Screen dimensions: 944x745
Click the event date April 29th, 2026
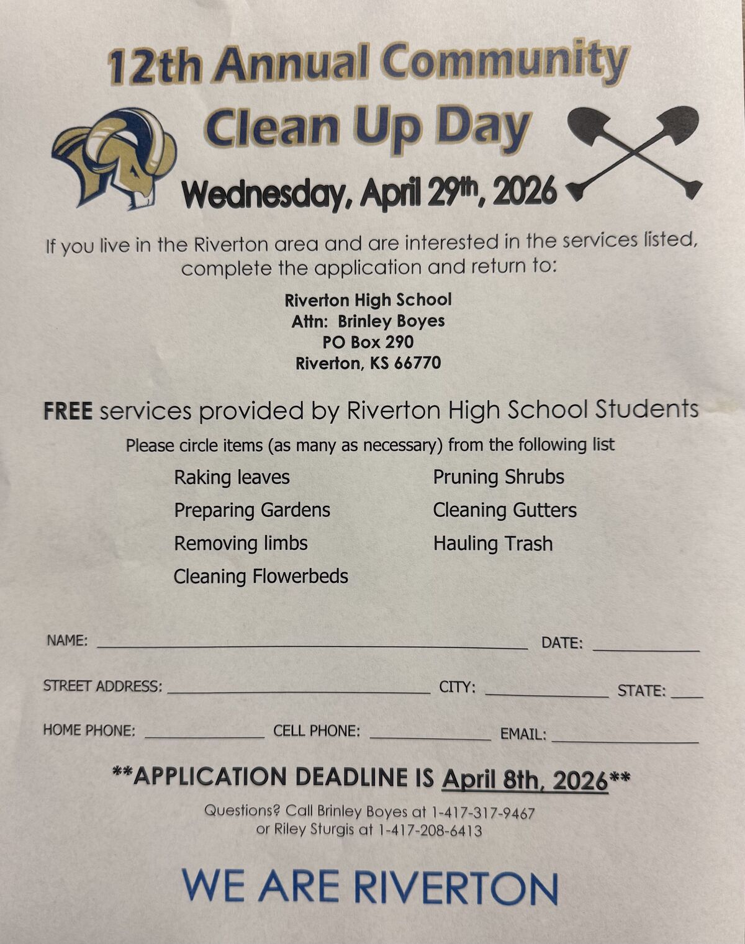[459, 192]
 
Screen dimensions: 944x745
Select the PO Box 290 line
[368, 342]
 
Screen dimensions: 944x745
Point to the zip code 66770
[417, 363]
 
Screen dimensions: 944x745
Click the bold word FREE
[68, 411]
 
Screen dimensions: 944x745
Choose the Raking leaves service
[232, 477]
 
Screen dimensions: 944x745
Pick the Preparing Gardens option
[251, 510]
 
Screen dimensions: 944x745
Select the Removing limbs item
[240, 543]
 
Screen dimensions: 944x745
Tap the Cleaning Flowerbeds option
[260, 577]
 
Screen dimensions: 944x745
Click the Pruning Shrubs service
[498, 477]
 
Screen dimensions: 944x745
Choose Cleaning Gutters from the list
[504, 510]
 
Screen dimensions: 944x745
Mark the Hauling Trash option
[492, 544]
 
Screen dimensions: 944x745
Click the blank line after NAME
[312, 645]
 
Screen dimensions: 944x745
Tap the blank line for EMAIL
[625, 739]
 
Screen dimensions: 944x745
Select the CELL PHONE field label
[317, 731]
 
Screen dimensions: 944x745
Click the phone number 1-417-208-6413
[428, 830]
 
